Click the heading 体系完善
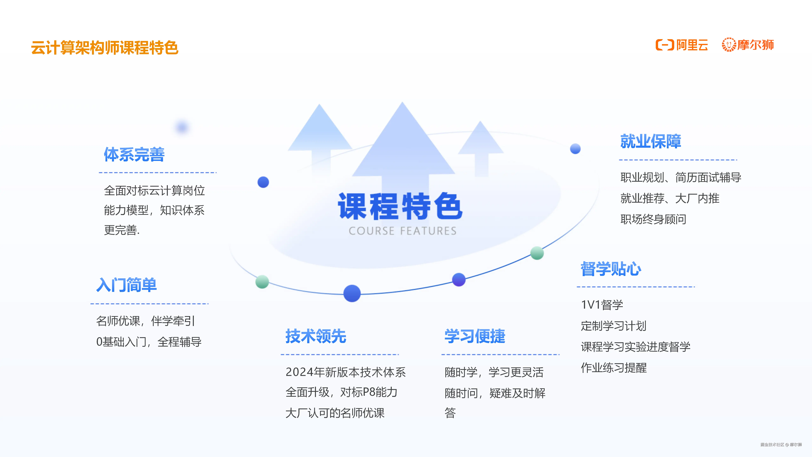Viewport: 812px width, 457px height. pyautogui.click(x=134, y=155)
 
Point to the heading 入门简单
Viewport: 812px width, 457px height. pyautogui.click(x=126, y=285)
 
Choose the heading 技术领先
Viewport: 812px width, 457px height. pyautogui.click(x=316, y=336)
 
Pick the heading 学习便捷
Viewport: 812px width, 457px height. pyautogui.click(x=475, y=336)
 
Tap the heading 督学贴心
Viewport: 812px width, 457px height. pyautogui.click(x=611, y=269)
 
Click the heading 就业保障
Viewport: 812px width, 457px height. pyautogui.click(x=651, y=141)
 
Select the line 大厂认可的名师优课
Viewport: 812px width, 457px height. pyautogui.click(x=335, y=413)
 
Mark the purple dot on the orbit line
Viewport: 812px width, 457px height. pyautogui.click(x=459, y=279)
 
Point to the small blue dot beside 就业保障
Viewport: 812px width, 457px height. pyautogui.click(x=575, y=149)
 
